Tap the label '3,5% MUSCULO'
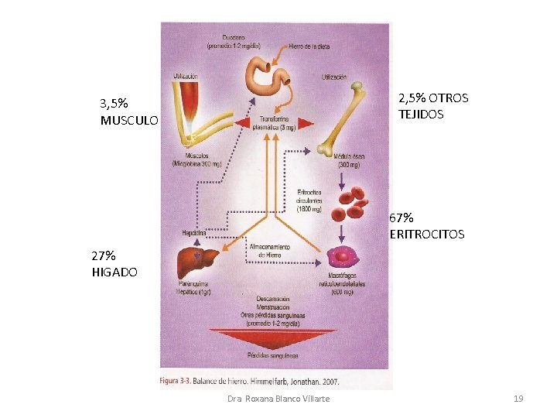(x=128, y=111)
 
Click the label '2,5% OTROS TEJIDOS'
(x=432, y=106)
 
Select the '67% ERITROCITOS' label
(x=427, y=227)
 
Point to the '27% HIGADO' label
(x=114, y=263)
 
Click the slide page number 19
(x=518, y=398)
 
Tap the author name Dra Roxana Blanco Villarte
(x=278, y=398)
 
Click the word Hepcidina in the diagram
(x=193, y=232)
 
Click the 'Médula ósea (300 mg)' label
(x=350, y=160)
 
